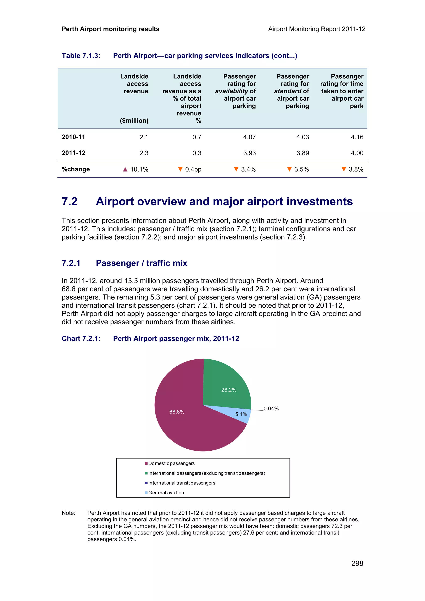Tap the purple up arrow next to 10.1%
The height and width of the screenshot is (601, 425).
pyautogui.click(x=125, y=169)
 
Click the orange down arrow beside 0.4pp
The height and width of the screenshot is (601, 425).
pyautogui.click(x=180, y=169)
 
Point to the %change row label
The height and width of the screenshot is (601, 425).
pyautogui.click(x=76, y=169)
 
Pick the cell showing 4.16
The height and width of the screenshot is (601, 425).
pyautogui.click(x=357, y=137)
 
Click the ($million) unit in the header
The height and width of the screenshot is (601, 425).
pyautogui.click(x=134, y=121)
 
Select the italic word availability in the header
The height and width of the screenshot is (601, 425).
pyautogui.click(x=231, y=91)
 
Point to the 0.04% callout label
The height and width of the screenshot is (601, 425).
pyautogui.click(x=271, y=409)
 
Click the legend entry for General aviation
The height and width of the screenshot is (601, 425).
pyautogui.click(x=166, y=493)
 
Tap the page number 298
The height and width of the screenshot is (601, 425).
pyautogui.click(x=357, y=563)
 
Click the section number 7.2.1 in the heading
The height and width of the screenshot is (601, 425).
pyautogui.click(x=71, y=263)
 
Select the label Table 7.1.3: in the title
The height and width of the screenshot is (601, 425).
pyautogui.click(x=81, y=56)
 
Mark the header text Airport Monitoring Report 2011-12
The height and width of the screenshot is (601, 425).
pyautogui.click(x=317, y=29)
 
